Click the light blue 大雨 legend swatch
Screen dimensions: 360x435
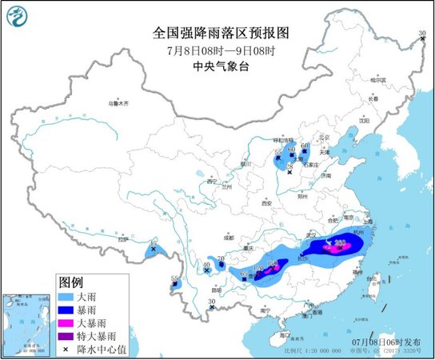70,296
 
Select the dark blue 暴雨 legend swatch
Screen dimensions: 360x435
70,310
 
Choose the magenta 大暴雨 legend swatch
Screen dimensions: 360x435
70,323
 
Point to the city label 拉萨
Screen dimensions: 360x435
122,238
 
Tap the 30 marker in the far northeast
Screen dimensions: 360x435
423,33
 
